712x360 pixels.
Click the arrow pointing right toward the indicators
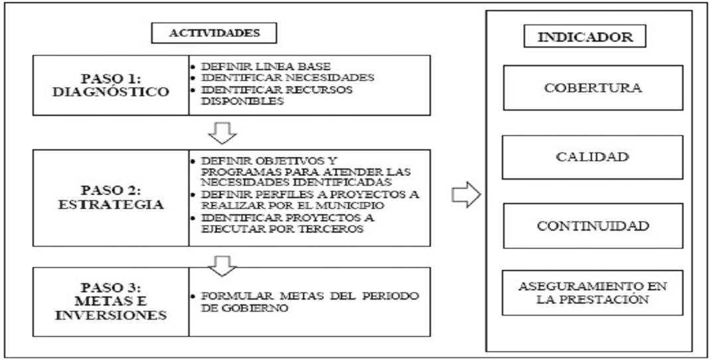(464, 196)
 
